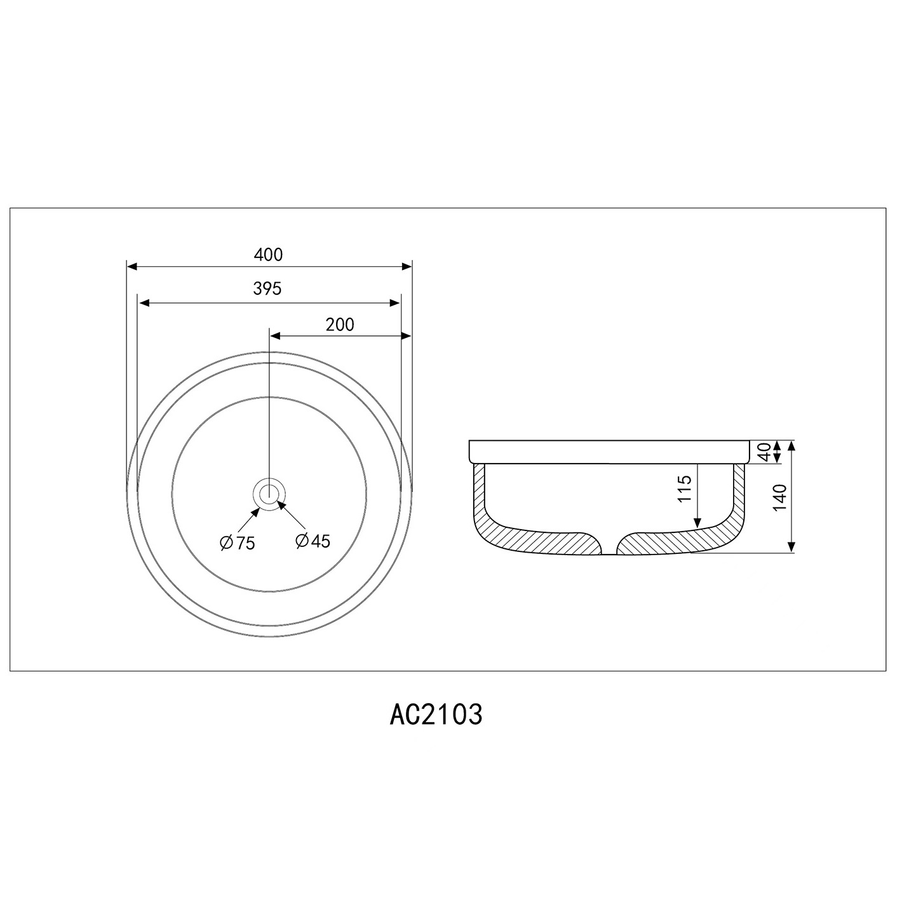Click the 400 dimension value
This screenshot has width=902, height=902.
[x=268, y=255]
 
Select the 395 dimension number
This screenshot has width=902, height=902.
[x=267, y=289]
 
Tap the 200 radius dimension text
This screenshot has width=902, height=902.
[x=340, y=325]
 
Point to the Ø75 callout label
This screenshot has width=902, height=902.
[x=238, y=542]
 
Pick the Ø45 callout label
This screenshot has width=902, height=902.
[x=313, y=541]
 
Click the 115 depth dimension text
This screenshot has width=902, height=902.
[x=685, y=488]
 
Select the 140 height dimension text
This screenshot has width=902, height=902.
[x=780, y=497]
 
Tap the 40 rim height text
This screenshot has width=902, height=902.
[x=764, y=452]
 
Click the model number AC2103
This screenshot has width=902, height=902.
[x=436, y=715]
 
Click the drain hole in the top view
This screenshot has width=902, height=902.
[x=269, y=492]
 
